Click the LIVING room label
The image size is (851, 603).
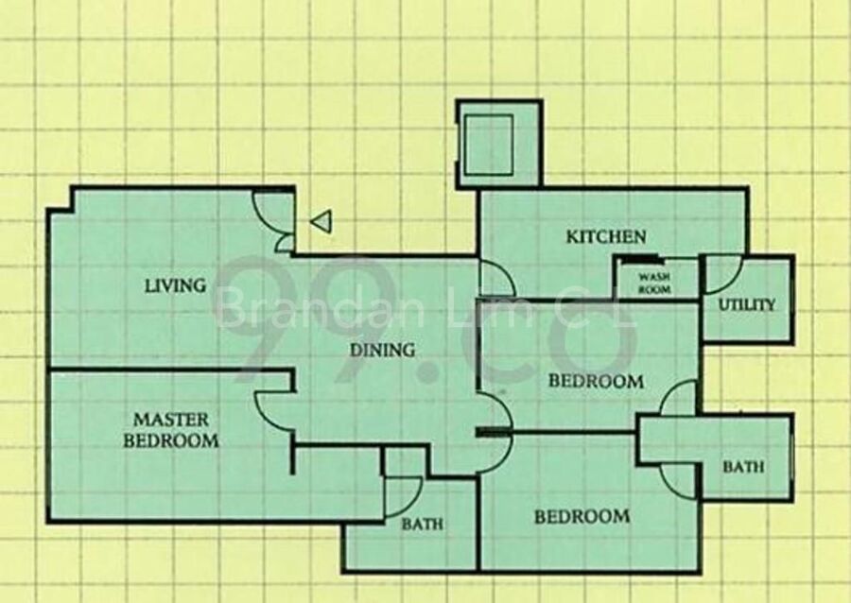[x=175, y=285]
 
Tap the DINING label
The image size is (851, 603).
[x=383, y=350]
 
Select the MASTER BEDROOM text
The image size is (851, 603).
[x=171, y=430]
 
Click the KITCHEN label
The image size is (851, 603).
[x=606, y=236]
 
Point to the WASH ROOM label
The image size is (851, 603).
[x=654, y=283]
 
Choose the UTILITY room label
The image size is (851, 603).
[x=747, y=304]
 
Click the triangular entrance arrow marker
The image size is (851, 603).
[x=321, y=222]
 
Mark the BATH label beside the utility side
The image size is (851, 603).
[x=743, y=466]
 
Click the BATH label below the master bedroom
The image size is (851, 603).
[x=423, y=524]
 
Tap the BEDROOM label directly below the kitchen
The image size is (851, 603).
[x=596, y=381]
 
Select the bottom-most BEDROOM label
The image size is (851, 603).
[x=582, y=517]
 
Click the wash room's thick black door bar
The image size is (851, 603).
[x=640, y=260]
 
